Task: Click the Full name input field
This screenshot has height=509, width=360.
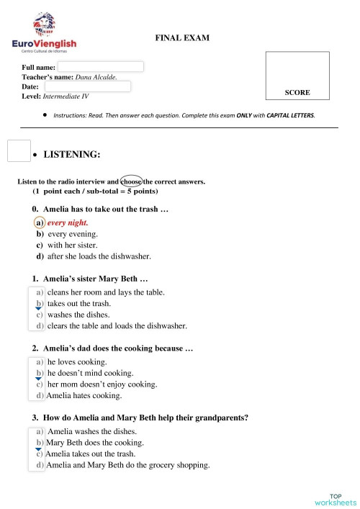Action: click(101, 66)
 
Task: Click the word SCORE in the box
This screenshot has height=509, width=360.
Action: click(297, 93)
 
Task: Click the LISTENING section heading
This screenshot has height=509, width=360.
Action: click(72, 154)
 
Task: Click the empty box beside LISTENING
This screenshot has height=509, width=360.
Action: click(18, 151)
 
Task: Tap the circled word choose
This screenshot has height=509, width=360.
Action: click(131, 181)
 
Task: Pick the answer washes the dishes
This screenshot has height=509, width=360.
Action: click(78, 315)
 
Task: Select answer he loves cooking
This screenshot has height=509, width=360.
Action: click(77, 362)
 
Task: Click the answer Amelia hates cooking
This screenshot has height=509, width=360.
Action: click(84, 395)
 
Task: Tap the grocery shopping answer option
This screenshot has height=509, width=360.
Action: click(127, 465)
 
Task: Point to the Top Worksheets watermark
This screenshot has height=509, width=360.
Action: click(335, 498)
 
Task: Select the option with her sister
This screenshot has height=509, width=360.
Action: click(72, 245)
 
